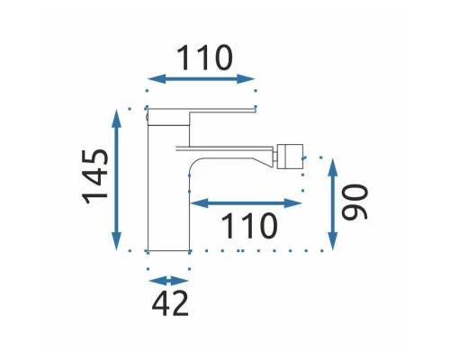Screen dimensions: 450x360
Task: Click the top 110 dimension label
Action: pos(204,58)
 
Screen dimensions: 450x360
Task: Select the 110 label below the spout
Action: pos(249,226)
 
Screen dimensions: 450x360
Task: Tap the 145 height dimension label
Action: pos(95,177)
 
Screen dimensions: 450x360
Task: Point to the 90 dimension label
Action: pos(355,202)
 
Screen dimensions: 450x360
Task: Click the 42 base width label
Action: pos(170,303)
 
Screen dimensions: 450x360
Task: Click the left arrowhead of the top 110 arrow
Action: pos(157,79)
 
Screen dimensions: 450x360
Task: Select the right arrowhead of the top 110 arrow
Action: pos(246,79)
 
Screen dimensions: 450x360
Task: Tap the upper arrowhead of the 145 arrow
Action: pos(116,120)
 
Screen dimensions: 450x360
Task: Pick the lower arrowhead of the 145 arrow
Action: pos(116,240)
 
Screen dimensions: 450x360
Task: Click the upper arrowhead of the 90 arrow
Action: pos(333,167)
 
